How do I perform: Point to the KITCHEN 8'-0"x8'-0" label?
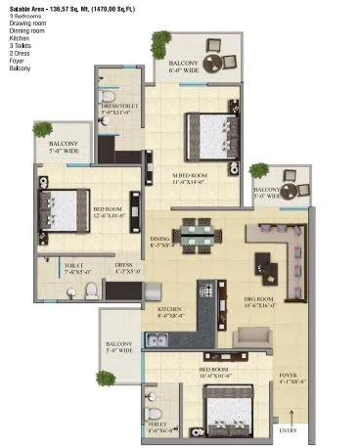coord(171,313)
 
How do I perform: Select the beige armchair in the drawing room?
coord(251,337)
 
